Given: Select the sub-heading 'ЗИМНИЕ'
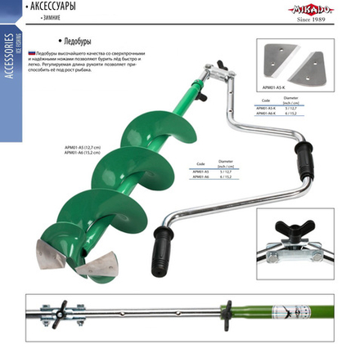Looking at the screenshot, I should [x=47, y=16].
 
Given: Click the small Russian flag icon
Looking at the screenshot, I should [x=32, y=52].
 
